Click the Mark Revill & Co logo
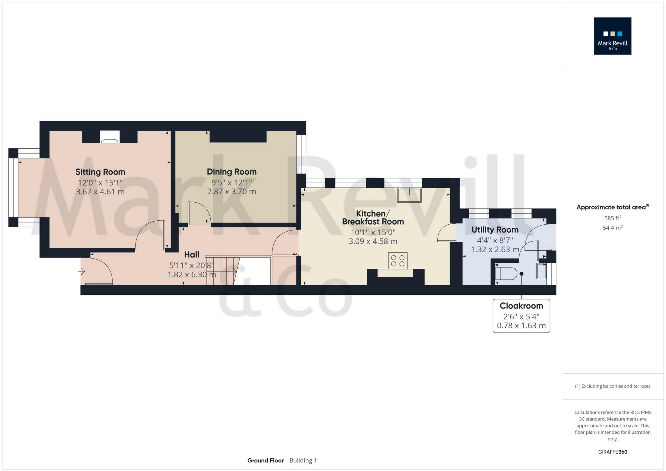pos(612,36)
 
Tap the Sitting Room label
pos(100,172)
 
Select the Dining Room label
pos(231,172)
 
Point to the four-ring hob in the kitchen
pos(397,260)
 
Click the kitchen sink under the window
pos(409,195)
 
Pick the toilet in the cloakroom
pos(506,274)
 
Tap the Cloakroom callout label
pos(521,306)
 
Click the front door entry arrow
pos(82,271)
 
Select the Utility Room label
pos(495,230)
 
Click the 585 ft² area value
pos(612,218)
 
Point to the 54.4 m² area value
pos(612,228)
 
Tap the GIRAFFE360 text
pos(612,452)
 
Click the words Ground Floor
pos(266,460)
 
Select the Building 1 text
pos(303,460)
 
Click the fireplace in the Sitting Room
pos(110,137)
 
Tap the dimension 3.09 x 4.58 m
pos(373,241)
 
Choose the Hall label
pos(192,255)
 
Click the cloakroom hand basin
pos(542,271)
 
